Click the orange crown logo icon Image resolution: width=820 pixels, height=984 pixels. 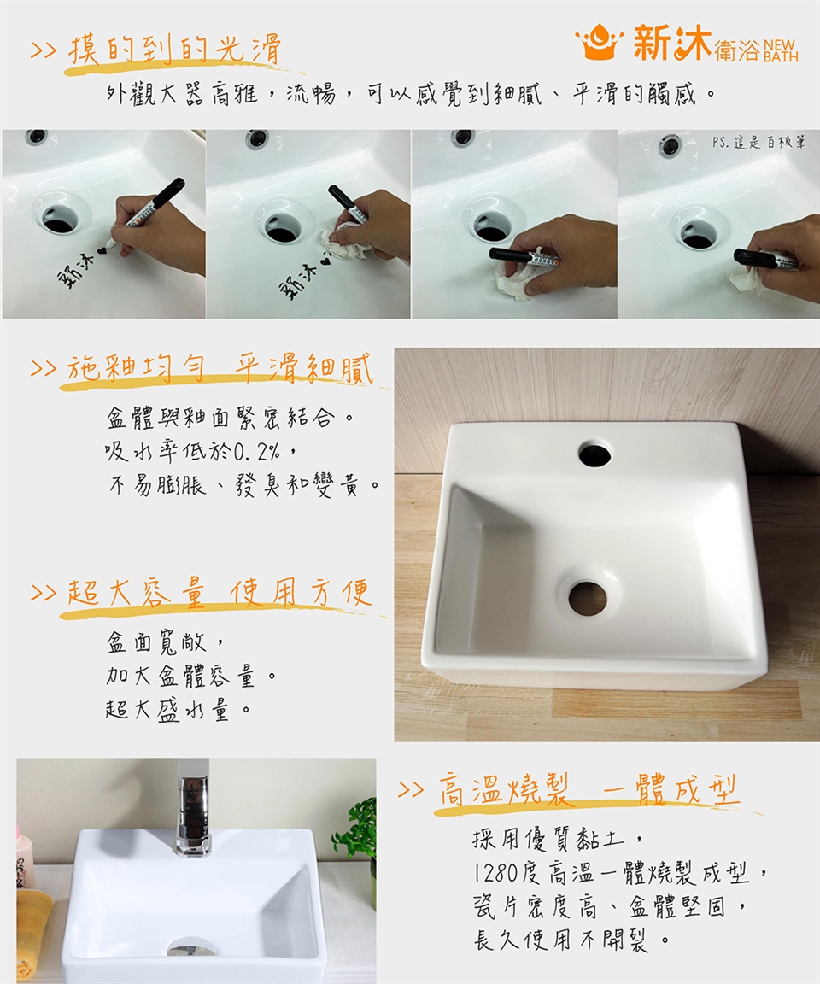click(600, 42)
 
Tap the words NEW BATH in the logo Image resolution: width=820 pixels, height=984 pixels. click(781, 51)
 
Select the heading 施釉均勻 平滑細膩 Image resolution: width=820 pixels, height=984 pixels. click(220, 369)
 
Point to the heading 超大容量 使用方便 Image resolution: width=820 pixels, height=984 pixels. click(220, 593)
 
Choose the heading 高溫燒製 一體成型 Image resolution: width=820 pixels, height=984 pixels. click(589, 789)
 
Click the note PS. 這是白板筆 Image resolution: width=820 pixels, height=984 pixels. click(758, 143)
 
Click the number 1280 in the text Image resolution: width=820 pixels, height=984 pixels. click(495, 872)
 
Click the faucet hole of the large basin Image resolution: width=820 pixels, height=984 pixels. click(594, 454)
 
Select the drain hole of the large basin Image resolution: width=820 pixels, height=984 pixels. click(588, 597)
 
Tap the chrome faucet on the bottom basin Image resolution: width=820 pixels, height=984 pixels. click(192, 807)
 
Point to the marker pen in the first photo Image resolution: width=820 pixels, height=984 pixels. click(145, 212)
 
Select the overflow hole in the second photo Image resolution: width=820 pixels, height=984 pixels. click(257, 138)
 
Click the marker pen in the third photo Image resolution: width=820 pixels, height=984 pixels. click(524, 256)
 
